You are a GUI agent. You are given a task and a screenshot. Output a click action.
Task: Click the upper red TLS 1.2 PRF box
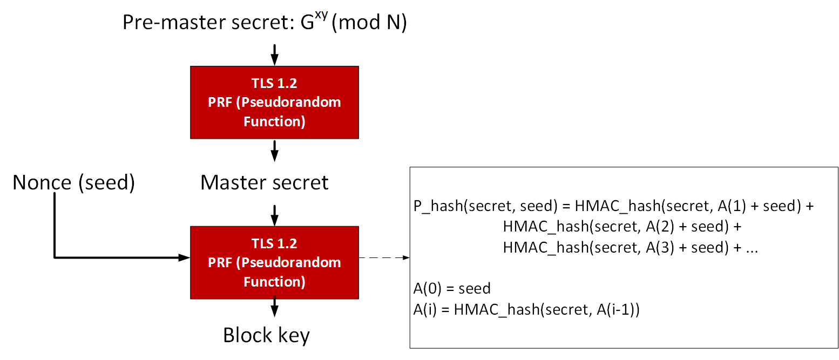[x=274, y=102]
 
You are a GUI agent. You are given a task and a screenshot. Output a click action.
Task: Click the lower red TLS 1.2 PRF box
[x=274, y=262]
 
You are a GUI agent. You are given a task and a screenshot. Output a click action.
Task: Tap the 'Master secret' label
[x=264, y=182]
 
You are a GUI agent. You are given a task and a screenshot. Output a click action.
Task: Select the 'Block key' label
[x=266, y=335]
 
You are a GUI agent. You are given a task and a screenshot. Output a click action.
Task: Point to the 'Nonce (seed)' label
[x=73, y=182]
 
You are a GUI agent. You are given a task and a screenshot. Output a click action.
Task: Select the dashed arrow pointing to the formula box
[x=384, y=257]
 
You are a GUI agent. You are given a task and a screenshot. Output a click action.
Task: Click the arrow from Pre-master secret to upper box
[x=274, y=54]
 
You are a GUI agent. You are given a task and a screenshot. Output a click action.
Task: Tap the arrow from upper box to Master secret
[x=274, y=151]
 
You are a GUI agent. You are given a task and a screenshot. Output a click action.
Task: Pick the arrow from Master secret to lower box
[x=274, y=215]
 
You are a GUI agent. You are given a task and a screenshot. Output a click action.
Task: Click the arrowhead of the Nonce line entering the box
[x=184, y=257]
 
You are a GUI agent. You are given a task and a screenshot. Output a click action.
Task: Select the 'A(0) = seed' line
[x=451, y=288]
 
